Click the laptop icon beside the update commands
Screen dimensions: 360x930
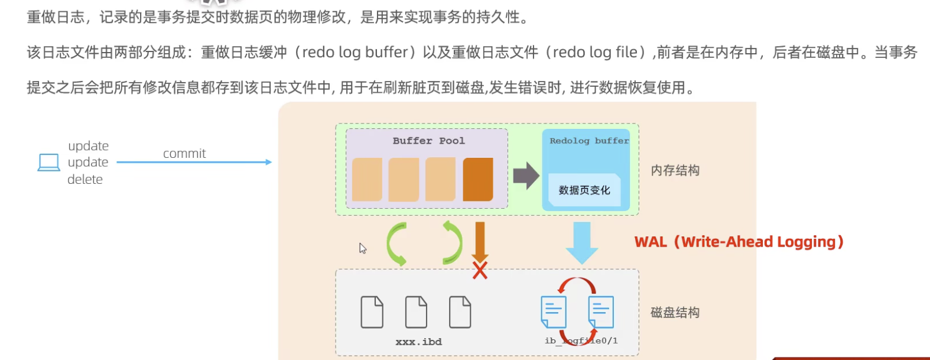(x=48, y=162)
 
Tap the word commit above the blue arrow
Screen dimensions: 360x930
(x=184, y=154)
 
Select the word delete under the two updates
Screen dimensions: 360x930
(x=85, y=180)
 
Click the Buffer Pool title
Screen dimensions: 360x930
(x=428, y=141)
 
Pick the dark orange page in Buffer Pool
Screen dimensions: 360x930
(x=477, y=179)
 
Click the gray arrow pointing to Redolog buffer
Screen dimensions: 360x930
(x=526, y=176)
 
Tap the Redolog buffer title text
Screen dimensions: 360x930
(x=588, y=141)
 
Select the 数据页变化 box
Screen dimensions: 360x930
(x=584, y=190)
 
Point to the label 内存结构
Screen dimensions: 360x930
(x=675, y=171)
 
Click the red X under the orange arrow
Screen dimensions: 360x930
(x=480, y=271)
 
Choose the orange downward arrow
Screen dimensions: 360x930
(x=480, y=241)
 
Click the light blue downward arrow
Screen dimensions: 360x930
(x=582, y=242)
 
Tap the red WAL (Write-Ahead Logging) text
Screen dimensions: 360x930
(x=739, y=242)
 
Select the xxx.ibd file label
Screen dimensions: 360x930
(x=418, y=342)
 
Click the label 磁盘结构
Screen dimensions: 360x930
(x=675, y=313)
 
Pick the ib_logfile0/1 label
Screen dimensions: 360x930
(x=581, y=340)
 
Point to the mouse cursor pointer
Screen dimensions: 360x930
(x=363, y=248)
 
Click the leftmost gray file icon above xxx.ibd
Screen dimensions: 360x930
(x=372, y=312)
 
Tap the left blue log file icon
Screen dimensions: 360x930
(x=554, y=312)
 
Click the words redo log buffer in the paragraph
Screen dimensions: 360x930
(x=355, y=53)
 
